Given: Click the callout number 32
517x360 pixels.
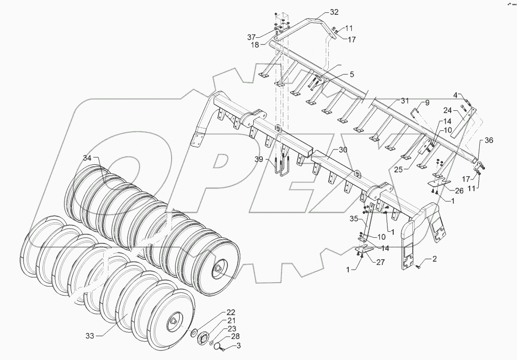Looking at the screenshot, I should click(x=334, y=11).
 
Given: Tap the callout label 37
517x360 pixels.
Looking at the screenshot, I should click(x=264, y=37).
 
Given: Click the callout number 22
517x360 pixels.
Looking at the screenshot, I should click(x=231, y=312).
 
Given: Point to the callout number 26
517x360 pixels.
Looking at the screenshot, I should click(x=459, y=191).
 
